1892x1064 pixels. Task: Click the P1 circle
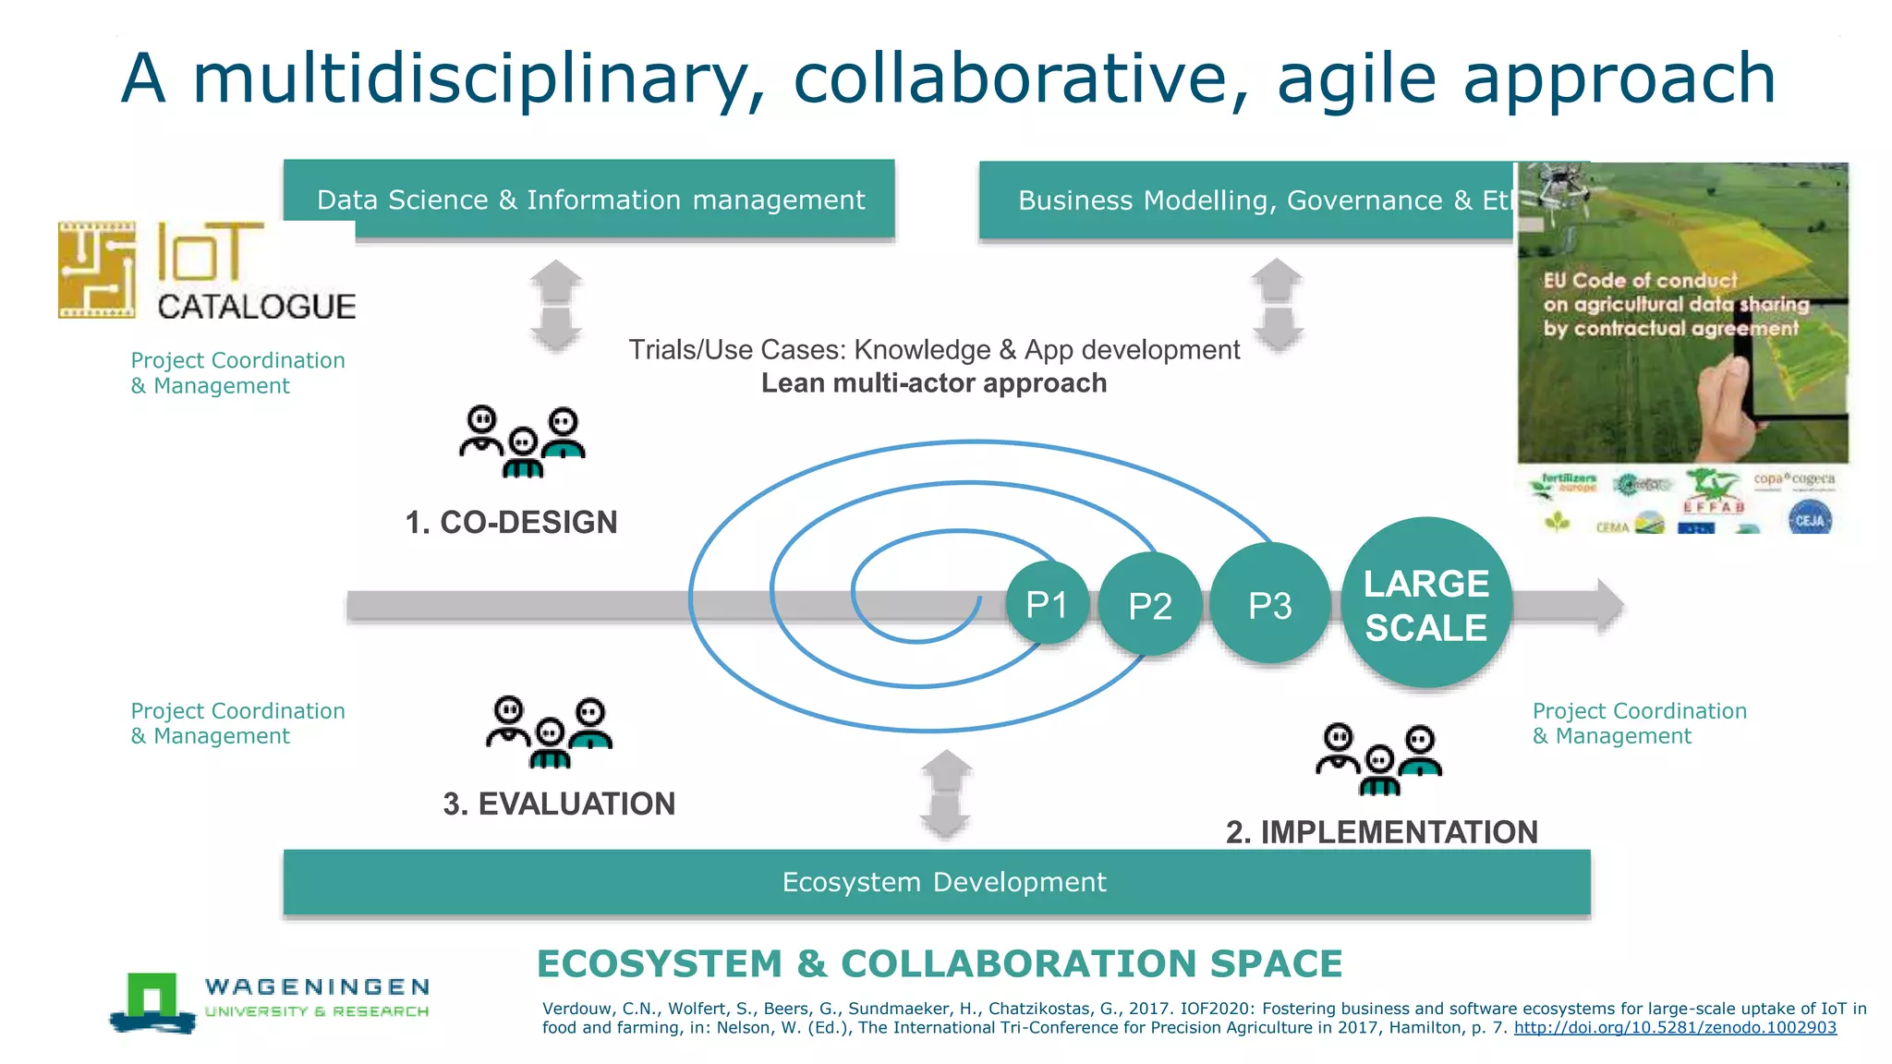click(x=1047, y=604)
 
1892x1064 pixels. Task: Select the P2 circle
click(x=1150, y=605)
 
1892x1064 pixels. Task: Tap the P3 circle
click(x=1269, y=604)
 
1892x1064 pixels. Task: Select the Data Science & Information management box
click(x=589, y=199)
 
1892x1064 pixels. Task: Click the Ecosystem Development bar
click(x=937, y=882)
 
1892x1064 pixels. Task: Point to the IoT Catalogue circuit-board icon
click(x=97, y=270)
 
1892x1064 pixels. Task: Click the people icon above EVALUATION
click(x=550, y=731)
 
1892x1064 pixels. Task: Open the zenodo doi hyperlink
click(x=1674, y=1028)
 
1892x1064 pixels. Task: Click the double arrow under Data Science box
click(x=555, y=306)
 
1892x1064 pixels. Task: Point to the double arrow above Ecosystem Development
click(x=946, y=793)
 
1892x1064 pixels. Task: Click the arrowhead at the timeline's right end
click(x=1608, y=605)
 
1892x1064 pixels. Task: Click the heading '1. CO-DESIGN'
click(x=511, y=522)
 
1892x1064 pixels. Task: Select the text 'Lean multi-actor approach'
click(x=933, y=382)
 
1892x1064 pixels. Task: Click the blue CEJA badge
click(x=1809, y=519)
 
